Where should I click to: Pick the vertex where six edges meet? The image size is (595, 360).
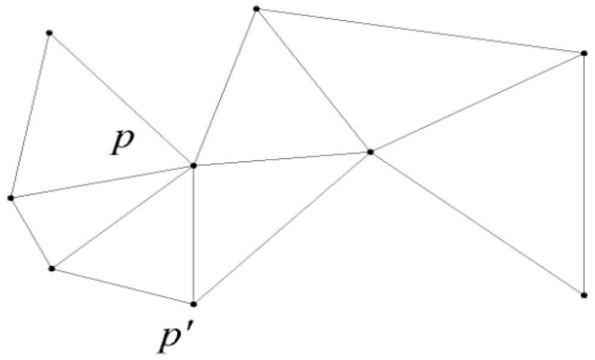[x=193, y=165]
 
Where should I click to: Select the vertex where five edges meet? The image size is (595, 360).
[x=370, y=152]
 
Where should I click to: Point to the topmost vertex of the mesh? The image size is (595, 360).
[x=256, y=8]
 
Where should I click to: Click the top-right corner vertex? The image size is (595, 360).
[x=584, y=53]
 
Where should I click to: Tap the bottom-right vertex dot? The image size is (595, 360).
[x=584, y=295]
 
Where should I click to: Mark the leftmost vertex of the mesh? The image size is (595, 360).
[x=10, y=198]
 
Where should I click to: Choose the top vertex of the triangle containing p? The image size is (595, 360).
[x=49, y=33]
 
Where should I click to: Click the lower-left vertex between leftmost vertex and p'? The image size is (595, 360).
[x=52, y=268]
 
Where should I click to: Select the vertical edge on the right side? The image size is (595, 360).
[x=584, y=174]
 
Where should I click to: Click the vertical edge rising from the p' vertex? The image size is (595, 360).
[x=193, y=235]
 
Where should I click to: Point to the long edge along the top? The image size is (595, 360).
[x=420, y=31]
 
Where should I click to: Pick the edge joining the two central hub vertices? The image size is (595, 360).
[x=282, y=159]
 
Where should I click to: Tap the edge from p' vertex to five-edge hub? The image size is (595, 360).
[x=282, y=228]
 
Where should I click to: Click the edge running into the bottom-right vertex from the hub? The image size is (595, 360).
[x=477, y=224]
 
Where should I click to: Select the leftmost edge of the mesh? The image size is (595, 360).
[x=30, y=115]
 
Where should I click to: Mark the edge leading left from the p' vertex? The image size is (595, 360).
[x=123, y=286]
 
